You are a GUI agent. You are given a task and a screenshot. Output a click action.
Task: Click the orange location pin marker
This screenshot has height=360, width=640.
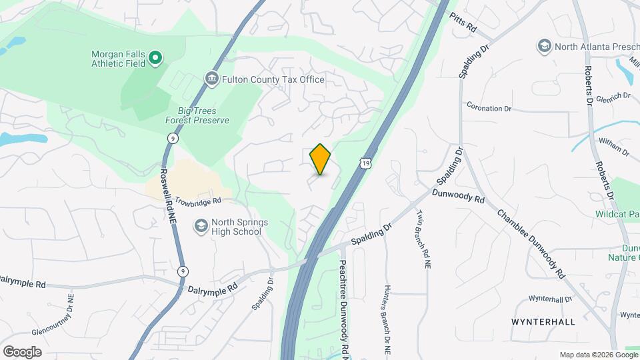pos(321,159)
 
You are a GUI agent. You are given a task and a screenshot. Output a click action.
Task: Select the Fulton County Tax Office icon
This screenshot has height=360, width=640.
pos(211,79)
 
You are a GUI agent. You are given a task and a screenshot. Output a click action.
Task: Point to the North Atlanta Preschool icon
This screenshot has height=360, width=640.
pos(544,46)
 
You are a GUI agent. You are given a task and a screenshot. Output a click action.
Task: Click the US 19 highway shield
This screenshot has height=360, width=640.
pos(363,163)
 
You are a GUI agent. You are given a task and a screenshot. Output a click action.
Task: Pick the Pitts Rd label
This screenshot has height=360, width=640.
pos(463,23)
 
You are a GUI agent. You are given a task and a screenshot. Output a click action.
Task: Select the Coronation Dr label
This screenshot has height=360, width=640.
pos(489,107)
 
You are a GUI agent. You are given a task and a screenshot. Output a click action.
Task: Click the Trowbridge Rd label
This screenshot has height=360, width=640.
pos(197,201)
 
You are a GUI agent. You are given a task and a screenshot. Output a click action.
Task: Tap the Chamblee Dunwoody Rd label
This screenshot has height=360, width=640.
pos(531,243)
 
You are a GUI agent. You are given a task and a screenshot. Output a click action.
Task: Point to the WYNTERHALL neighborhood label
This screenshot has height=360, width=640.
pos(543,321)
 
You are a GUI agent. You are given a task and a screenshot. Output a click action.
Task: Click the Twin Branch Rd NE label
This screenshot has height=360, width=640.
pos(423,239)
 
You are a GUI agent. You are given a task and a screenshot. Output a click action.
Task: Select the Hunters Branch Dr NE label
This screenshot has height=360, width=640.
pos(387,320)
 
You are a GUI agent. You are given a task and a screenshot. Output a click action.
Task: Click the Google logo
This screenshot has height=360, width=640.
pos(21,351)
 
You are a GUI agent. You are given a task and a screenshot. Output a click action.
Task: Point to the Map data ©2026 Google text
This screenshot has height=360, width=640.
pos(597,355)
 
